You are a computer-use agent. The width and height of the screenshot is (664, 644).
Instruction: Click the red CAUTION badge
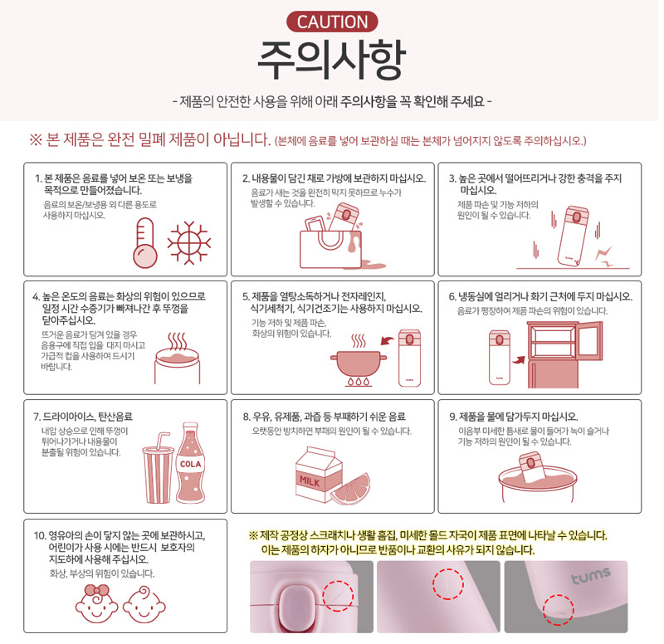click(332, 22)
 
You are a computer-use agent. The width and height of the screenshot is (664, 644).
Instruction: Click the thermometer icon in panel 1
click(144, 243)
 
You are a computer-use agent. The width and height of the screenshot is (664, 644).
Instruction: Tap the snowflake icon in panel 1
click(189, 242)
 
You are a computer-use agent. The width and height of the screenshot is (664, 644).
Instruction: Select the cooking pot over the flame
click(359, 363)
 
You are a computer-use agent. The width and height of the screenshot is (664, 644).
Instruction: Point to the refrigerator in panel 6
click(564, 354)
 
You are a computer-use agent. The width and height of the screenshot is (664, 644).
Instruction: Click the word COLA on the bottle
click(191, 464)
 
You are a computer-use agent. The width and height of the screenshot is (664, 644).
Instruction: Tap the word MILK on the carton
click(310, 481)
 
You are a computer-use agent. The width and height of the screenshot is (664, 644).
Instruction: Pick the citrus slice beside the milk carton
click(350, 489)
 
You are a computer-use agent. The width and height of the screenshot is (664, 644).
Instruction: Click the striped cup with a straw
click(158, 469)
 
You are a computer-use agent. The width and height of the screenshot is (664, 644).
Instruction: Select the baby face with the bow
click(96, 603)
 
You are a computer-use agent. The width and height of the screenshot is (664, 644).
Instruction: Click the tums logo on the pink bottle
click(591, 576)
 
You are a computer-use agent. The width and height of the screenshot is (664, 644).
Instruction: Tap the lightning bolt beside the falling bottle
click(604, 256)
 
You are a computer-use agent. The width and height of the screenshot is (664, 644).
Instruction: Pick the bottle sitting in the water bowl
click(531, 466)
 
